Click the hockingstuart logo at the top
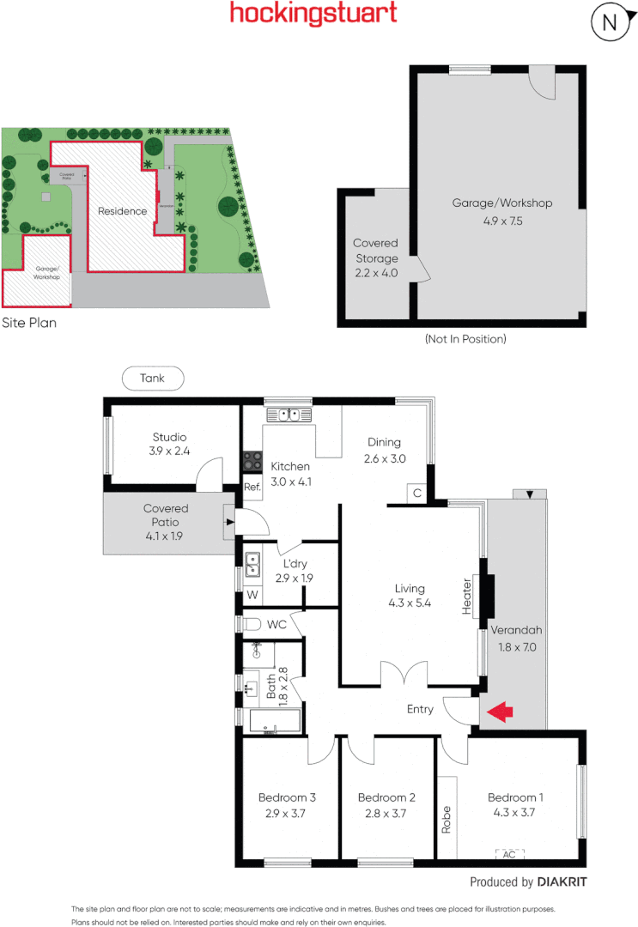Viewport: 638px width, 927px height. (313, 14)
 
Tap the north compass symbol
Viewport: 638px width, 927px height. (610, 23)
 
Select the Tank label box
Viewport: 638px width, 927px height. (153, 378)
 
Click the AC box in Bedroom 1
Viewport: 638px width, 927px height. (509, 854)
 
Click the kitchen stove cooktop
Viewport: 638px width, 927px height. (252, 461)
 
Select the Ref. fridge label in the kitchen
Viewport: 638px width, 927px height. (252, 488)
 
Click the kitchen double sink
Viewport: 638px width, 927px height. (288, 415)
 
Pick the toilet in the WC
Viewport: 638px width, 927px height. (250, 624)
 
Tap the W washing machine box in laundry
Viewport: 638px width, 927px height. (252, 593)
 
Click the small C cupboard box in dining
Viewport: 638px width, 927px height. (416, 493)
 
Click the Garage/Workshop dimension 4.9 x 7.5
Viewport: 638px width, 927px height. (501, 221)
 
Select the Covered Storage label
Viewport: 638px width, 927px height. (375, 251)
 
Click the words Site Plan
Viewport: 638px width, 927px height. (29, 324)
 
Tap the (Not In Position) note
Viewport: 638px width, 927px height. (465, 339)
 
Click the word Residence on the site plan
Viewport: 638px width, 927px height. (122, 211)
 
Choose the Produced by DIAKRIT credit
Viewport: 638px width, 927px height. (528, 882)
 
